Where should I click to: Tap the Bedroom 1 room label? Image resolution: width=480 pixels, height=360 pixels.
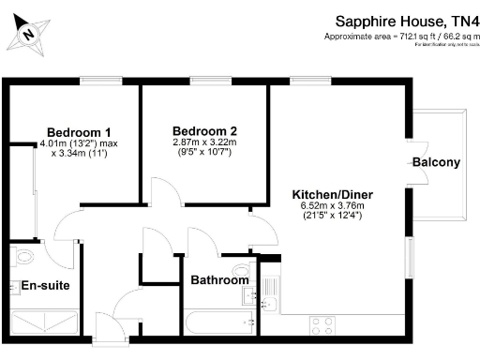pos(80,131)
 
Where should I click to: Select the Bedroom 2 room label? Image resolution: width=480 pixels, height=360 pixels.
pos(204,130)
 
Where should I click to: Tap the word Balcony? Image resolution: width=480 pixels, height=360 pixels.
pos(436,163)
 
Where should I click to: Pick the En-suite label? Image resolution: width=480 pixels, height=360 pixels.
pos(39,285)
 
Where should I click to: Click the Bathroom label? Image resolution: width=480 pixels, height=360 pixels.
pos(219,280)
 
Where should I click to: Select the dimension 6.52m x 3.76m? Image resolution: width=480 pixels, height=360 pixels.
pos(326,204)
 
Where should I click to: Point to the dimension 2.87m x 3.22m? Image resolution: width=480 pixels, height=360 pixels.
pos(205,142)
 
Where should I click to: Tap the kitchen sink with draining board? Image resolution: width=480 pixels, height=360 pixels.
pos(265,296)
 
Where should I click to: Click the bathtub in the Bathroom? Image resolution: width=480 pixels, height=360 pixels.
pos(219,324)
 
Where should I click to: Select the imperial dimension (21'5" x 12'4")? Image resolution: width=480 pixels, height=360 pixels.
pos(326,216)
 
